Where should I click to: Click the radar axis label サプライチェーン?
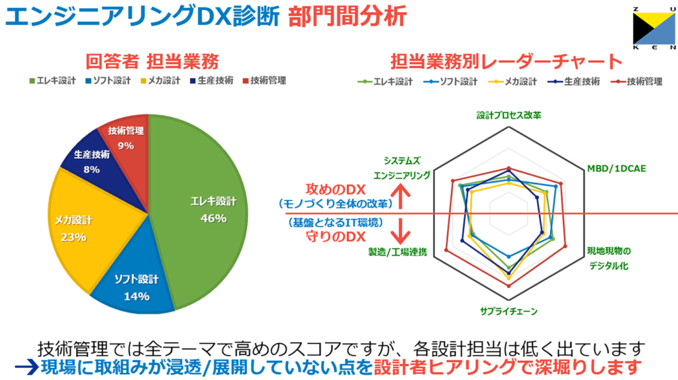508,310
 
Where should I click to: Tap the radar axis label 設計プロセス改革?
508,115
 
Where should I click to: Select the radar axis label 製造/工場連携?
397,252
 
